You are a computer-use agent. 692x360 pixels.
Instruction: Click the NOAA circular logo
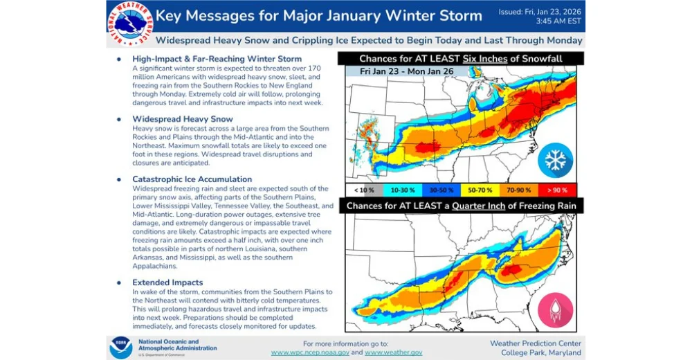pyautogui.click(x=120, y=346)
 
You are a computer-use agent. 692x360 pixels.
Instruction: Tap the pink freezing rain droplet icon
pyautogui.click(x=556, y=309)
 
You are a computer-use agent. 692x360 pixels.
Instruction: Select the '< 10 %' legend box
pyautogui.click(x=364, y=188)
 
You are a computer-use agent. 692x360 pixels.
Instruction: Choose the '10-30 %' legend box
pyautogui.click(x=403, y=188)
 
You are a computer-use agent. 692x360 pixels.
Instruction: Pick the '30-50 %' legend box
pyautogui.click(x=441, y=188)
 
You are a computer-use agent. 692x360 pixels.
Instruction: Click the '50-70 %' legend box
pyautogui.click(x=479, y=188)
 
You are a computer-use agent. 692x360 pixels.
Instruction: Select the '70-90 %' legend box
pyautogui.click(x=518, y=188)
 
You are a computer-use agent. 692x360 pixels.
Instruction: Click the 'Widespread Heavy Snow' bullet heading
pyautogui.click(x=173, y=119)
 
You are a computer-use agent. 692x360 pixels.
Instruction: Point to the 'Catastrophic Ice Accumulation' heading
pyautogui.click(x=190, y=179)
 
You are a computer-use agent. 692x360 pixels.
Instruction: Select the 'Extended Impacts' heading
pyautogui.click(x=167, y=282)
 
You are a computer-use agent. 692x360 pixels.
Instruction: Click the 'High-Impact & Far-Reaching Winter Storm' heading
pyautogui.click(x=217, y=59)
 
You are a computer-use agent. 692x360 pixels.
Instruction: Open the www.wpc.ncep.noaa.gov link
pyautogui.click(x=310, y=352)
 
